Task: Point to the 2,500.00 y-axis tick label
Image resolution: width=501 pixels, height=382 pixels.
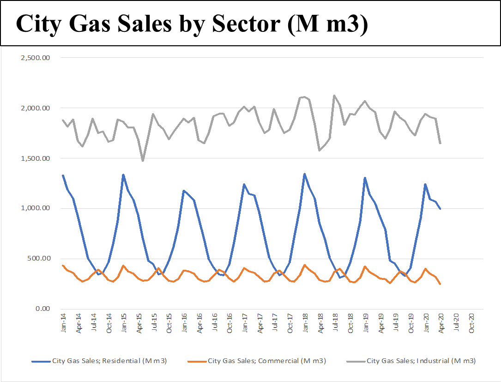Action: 35,58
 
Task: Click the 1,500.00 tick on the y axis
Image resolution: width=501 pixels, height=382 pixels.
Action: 35,158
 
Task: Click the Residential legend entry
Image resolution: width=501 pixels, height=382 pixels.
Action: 109,361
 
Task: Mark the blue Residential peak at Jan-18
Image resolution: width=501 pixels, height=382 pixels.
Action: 304,174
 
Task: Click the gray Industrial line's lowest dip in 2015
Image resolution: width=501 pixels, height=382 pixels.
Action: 143,161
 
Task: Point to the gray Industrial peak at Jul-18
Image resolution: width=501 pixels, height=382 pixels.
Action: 334,96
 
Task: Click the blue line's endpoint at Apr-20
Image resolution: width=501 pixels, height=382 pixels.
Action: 440,209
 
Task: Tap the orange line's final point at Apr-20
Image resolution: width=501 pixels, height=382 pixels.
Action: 440,284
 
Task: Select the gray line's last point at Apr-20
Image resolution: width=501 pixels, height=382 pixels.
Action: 440,143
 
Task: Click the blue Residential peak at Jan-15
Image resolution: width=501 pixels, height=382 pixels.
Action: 123,175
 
